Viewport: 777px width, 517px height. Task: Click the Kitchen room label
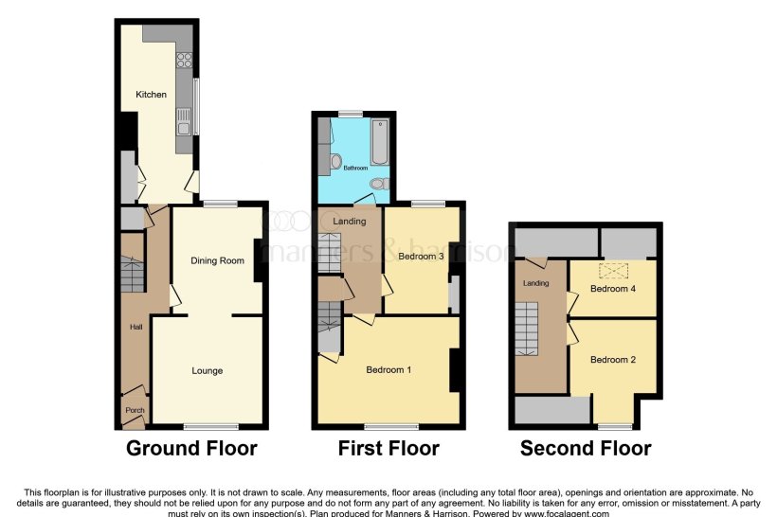pos(151,95)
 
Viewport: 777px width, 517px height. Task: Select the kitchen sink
pos(185,120)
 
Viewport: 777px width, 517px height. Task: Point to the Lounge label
pos(207,370)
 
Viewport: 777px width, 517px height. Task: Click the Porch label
pos(133,410)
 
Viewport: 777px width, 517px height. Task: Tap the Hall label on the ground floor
pos(135,328)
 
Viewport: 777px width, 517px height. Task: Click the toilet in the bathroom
pos(378,183)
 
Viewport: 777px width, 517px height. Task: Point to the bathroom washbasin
pos(336,162)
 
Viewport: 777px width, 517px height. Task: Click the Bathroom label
pos(355,169)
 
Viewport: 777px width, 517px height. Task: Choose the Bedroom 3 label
pos(421,255)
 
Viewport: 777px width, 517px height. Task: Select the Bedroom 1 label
pos(388,369)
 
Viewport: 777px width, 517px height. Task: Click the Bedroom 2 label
pos(612,360)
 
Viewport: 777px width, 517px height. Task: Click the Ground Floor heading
pos(191,448)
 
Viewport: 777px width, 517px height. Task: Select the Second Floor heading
pos(585,448)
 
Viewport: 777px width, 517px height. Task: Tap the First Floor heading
pos(388,448)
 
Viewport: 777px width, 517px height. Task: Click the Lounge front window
pos(210,425)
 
